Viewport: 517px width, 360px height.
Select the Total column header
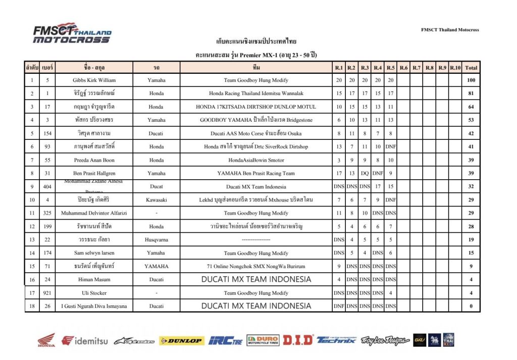tap(471, 67)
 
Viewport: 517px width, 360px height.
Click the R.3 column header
tap(365, 67)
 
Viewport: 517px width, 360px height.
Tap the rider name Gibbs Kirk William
tap(94, 80)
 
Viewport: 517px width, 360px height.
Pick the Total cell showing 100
tap(471, 80)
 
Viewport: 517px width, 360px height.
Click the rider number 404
tap(47, 186)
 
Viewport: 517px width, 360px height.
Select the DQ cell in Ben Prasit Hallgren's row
tap(365, 173)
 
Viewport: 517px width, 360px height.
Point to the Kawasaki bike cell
tap(157, 200)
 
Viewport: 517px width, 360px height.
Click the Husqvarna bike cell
tap(157, 240)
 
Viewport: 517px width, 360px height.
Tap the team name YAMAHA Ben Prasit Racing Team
tap(256, 173)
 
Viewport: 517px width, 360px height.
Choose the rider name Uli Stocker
tap(94, 293)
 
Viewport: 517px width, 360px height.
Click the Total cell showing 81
tap(471, 93)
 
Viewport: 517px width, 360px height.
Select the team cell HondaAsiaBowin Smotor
tap(256, 160)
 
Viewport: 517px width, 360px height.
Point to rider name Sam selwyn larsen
tap(94, 253)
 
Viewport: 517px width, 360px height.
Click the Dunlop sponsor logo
tap(181, 341)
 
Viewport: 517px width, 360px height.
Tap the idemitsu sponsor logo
tap(85, 341)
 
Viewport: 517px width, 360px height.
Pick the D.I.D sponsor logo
tap(298, 341)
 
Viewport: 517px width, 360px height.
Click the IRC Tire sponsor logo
tap(226, 341)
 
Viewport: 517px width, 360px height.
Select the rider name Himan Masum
tap(94, 279)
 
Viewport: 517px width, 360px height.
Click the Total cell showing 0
tap(471, 306)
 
